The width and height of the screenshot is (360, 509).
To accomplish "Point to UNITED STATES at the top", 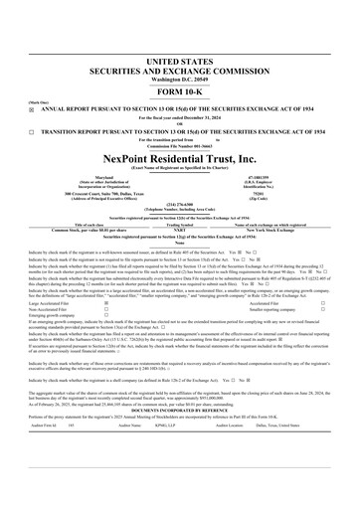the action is click(180, 35).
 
